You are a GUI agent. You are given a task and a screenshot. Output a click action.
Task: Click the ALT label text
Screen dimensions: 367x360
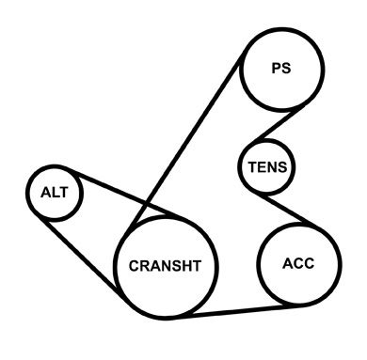coord(54,192)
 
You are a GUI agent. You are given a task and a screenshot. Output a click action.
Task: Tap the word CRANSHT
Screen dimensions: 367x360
coord(165,266)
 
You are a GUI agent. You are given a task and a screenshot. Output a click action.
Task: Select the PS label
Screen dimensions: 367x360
coord(281,68)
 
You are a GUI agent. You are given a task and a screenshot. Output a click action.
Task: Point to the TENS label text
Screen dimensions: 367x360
coord(267,167)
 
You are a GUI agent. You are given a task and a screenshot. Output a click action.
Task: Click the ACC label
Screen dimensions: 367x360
coord(298,263)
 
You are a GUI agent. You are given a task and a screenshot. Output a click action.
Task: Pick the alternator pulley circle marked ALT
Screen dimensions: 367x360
coord(26,194)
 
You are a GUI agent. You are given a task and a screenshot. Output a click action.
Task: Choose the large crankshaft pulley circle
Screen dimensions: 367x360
coord(115,266)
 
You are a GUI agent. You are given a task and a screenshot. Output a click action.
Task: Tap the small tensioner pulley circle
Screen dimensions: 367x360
coord(238,167)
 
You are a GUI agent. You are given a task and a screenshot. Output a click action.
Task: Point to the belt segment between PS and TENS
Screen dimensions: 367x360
coord(278,124)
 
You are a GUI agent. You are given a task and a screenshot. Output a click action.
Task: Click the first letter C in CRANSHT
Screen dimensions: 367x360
coord(134,266)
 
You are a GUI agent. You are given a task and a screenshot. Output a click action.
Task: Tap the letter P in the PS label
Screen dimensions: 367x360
coord(277,68)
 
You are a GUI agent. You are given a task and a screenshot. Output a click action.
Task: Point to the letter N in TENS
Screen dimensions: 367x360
coord(271,167)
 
